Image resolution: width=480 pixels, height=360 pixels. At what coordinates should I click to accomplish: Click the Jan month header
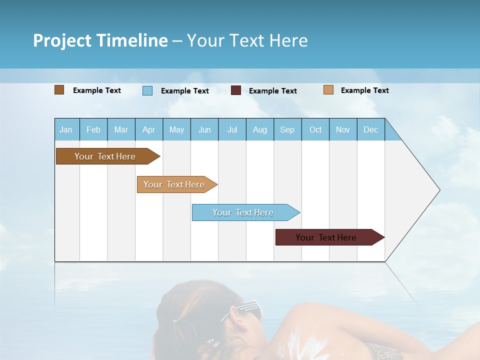click(x=66, y=129)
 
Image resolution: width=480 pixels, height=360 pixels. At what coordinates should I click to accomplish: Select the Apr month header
click(x=148, y=129)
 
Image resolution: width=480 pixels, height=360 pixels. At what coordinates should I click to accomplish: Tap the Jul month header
click(x=232, y=129)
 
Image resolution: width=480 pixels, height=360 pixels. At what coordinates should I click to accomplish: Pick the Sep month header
click(x=287, y=129)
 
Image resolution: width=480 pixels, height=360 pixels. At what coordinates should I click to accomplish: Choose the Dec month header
click(x=370, y=129)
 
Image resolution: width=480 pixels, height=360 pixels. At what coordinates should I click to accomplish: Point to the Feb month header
click(x=93, y=129)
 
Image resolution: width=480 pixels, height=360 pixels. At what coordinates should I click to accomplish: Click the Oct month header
click(x=315, y=129)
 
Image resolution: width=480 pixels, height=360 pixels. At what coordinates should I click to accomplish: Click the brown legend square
click(x=59, y=90)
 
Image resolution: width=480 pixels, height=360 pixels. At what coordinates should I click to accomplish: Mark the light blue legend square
click(x=147, y=90)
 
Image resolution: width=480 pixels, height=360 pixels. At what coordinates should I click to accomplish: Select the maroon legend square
click(x=236, y=90)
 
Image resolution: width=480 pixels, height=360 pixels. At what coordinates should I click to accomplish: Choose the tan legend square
click(x=328, y=90)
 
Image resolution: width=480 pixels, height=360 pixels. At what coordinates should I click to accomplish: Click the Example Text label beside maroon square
click(x=272, y=91)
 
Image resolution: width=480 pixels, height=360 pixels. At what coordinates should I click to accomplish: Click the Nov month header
click(x=343, y=129)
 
